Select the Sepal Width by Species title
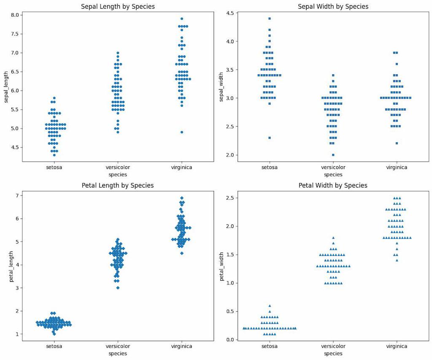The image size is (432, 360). click(x=333, y=6)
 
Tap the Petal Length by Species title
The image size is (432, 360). click(x=117, y=185)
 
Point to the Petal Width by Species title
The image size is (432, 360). click(x=333, y=185)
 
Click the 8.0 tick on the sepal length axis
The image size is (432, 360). click(x=15, y=15)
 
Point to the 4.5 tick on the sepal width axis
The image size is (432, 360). click(x=230, y=13)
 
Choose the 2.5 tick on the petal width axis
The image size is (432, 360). click(x=230, y=198)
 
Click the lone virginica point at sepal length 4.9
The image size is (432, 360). click(x=181, y=132)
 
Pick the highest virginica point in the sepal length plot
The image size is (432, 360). click(x=181, y=19)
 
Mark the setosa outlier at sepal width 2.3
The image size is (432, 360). click(x=270, y=138)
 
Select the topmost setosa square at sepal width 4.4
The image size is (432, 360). click(x=270, y=19)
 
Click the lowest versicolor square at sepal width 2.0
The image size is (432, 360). click(x=333, y=155)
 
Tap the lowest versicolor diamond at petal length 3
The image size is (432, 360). click(x=118, y=288)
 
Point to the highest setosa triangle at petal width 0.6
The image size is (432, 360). click(x=270, y=306)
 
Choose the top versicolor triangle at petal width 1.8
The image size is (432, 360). click(x=333, y=238)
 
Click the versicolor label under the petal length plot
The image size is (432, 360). click(x=118, y=346)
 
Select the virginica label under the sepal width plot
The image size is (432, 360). click(x=397, y=167)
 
